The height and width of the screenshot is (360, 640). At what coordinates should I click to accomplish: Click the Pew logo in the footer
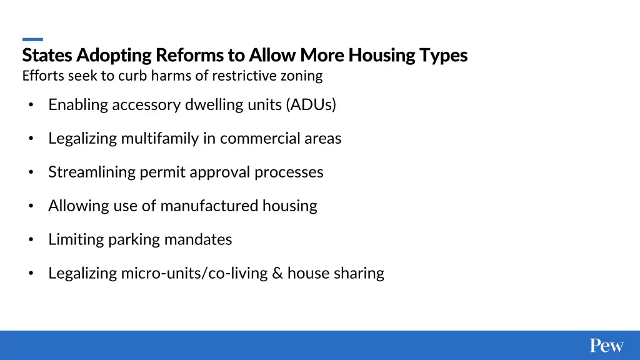coord(606,346)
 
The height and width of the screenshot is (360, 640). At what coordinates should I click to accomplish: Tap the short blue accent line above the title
coord(32,39)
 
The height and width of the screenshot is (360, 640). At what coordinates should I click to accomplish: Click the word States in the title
coord(48,56)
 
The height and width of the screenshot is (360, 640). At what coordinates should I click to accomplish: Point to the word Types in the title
coord(444,56)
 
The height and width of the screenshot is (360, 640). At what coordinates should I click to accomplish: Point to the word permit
coord(160,172)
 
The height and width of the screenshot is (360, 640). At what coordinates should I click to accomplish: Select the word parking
coord(134,240)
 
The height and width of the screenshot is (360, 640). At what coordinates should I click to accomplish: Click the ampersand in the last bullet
coord(277,274)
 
